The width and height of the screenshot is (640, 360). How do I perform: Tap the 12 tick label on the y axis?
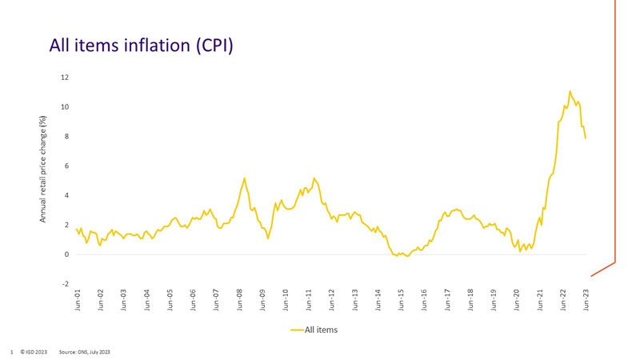pos(64,78)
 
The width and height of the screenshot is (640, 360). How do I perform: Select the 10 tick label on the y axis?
pos(64,107)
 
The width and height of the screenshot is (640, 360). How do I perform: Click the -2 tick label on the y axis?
pos(65,284)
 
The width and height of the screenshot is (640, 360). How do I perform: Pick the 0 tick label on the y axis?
pos(66,254)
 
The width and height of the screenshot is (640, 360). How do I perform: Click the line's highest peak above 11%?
pos(570,91)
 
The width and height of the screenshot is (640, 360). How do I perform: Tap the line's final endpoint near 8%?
pos(586,138)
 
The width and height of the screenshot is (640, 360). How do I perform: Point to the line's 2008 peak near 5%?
pos(244,178)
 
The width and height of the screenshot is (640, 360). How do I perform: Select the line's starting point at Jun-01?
pos(76,229)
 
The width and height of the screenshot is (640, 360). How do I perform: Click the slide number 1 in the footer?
pos(11,351)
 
